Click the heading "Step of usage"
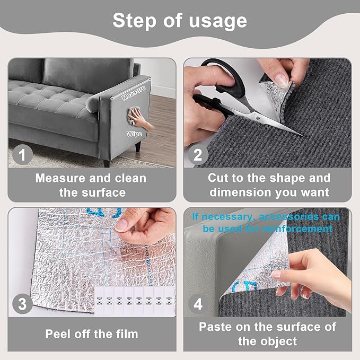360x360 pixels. (x=180, y=21)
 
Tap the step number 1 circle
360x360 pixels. (x=22, y=155)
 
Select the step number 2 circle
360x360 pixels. (x=197, y=155)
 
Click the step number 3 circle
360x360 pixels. (x=22, y=304)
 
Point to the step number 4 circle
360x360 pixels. (x=197, y=304)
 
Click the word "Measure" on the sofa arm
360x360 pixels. (x=133, y=96)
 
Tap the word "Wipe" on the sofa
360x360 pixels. (x=133, y=134)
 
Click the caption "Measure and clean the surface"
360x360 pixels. (x=91, y=185)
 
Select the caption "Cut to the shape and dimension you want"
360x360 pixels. (x=268, y=185)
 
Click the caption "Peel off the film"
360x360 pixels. (x=91, y=334)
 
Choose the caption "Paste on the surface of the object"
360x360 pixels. (x=268, y=334)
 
